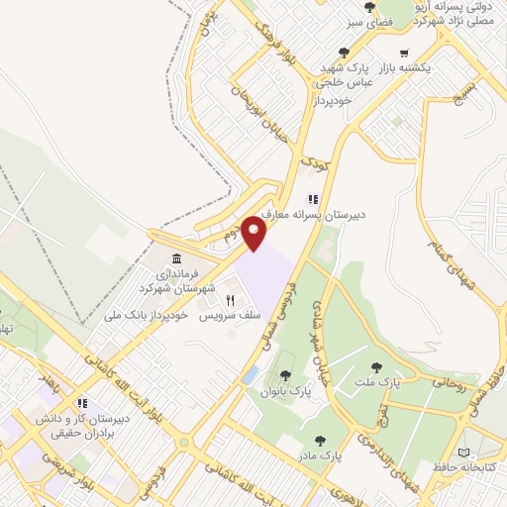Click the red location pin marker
[255, 235]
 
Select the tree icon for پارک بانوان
[285, 375]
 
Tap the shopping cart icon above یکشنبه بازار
[403, 52]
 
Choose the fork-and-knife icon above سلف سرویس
[231, 299]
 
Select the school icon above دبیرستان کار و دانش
[83, 403]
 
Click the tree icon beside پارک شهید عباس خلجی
[344, 52]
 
